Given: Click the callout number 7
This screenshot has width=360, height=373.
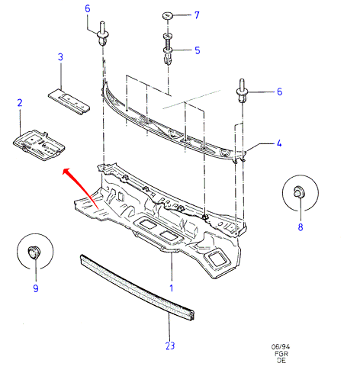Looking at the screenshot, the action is coord(197,15).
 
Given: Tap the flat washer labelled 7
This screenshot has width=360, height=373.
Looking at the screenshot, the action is coord(167,15).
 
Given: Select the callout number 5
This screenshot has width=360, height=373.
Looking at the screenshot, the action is coord(198,50).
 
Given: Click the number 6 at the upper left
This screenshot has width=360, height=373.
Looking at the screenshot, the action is coord(88,8).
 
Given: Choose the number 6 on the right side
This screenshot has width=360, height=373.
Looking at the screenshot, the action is coord(279,92).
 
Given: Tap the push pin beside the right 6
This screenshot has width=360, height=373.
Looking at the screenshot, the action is coord(242,91).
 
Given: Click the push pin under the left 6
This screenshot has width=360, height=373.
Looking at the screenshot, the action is coord(103,34).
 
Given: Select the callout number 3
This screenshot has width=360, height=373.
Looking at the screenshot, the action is coord(60,57).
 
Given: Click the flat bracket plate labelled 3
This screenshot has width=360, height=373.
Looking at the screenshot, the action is coord(69,101).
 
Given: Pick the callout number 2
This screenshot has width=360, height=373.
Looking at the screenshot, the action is coord(20,103).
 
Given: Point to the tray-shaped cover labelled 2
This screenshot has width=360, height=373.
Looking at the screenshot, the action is coord(39,145).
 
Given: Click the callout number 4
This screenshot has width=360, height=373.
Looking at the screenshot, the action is coord(279,143).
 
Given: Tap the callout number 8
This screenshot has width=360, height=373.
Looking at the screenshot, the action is coord(301,227).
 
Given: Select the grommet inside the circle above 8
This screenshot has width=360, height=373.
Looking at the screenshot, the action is coord(299,191).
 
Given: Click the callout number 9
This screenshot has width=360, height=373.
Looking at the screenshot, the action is coord(36,288).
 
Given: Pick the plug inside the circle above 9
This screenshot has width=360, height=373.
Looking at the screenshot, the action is coord(34,252).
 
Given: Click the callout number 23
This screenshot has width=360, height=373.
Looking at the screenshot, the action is coord(170,346).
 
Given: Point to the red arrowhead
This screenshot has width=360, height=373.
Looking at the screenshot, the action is coord(67,172).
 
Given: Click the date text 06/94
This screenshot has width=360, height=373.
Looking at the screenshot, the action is coord(281,346).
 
